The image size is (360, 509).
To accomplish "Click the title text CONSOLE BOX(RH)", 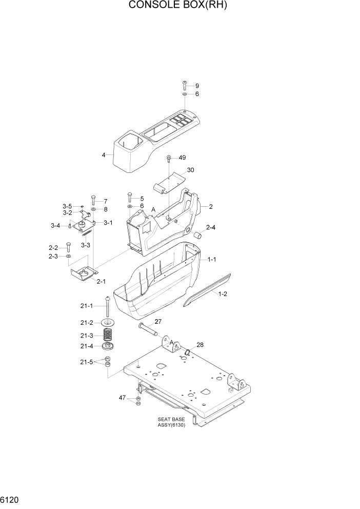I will point(177,6).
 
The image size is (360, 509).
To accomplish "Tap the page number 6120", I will point(11,499).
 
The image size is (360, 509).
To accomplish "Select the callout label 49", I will point(182,158).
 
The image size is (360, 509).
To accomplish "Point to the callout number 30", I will point(191,170).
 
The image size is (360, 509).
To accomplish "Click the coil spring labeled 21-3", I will point(108,335).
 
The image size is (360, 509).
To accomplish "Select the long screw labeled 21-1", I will point(108,306).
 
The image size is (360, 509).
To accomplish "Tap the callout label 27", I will point(158,322).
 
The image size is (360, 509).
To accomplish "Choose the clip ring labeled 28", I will point(188,353).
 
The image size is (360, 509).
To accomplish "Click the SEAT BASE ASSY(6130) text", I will point(171,422).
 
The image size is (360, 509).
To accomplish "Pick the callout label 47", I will point(123,398).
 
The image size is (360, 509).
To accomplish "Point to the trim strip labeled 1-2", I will point(208,290).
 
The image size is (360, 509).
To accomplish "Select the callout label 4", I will point(104,154).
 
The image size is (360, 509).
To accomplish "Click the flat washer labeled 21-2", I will point(108,322).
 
